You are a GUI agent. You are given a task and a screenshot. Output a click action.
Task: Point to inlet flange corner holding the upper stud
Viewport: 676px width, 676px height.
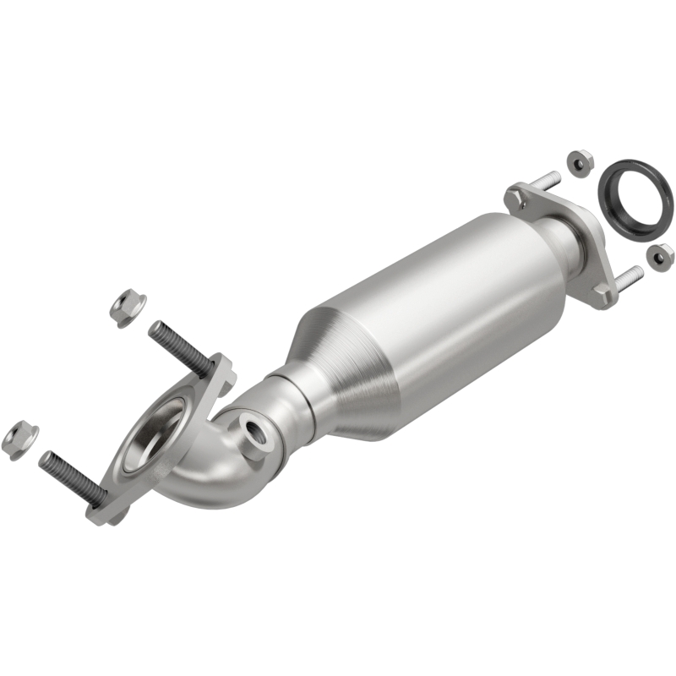pyautogui.click(x=220, y=371)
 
